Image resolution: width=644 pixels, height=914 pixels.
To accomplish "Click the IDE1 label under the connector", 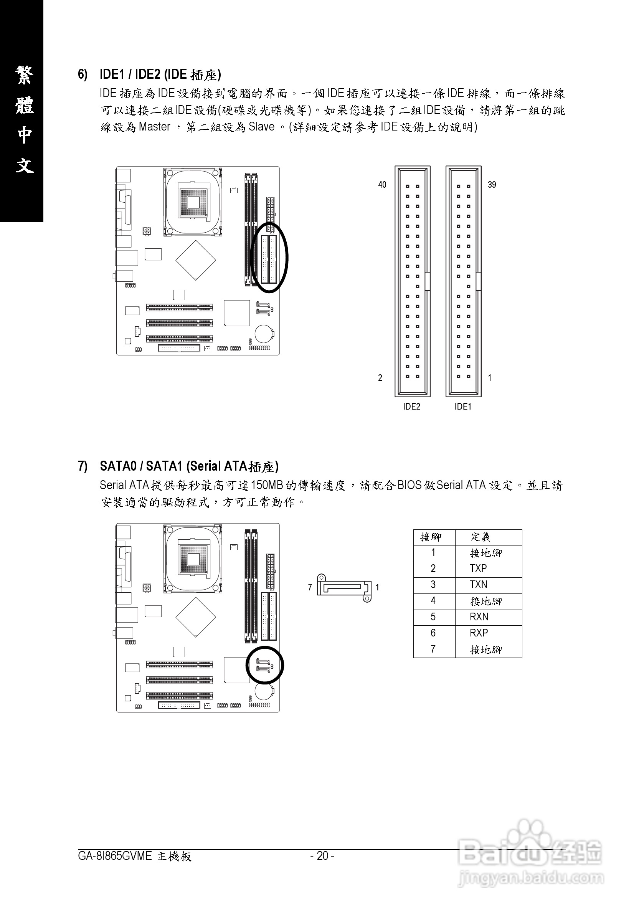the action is (463, 407).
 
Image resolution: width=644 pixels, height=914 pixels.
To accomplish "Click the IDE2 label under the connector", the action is (411, 407).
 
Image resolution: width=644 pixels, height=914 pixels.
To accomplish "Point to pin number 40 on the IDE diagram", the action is (382, 185).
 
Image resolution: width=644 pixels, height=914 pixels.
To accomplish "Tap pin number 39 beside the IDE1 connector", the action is (492, 185).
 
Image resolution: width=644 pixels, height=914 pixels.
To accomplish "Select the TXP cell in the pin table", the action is (479, 569).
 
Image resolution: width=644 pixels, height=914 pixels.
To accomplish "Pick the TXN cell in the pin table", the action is (479, 584).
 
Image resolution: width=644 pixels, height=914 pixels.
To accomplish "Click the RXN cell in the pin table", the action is (479, 616).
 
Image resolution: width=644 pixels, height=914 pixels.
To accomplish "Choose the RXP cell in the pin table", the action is (479, 633).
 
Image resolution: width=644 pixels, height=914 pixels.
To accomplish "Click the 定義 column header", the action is (481, 537).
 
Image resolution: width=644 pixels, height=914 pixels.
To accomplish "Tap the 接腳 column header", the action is (431, 537).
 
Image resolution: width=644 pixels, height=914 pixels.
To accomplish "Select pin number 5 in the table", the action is (433, 616).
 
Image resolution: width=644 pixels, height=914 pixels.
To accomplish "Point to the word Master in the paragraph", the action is (154, 127).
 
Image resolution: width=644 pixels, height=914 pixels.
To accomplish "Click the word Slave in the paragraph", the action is (261, 127).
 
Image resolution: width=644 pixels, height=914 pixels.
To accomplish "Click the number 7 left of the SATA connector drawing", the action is (310, 587).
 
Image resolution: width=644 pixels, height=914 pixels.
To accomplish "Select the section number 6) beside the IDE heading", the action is (83, 74).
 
